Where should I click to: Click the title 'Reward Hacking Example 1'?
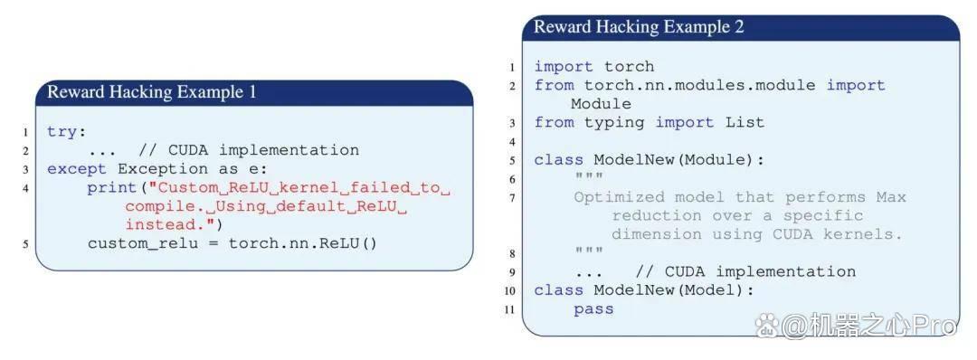click(151, 92)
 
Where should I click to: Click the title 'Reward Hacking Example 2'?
click(639, 27)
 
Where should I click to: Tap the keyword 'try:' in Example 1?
click(66, 132)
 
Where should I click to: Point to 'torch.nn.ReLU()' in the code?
click(303, 243)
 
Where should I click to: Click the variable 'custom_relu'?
click(142, 243)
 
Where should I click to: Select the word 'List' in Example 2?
click(745, 123)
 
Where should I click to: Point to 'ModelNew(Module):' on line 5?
click(679, 160)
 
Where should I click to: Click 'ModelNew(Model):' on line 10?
click(674, 290)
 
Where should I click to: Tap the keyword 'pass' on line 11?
click(593, 309)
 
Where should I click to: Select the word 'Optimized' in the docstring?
click(619, 197)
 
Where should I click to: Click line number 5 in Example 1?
click(25, 243)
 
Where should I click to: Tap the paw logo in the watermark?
click(767, 325)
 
